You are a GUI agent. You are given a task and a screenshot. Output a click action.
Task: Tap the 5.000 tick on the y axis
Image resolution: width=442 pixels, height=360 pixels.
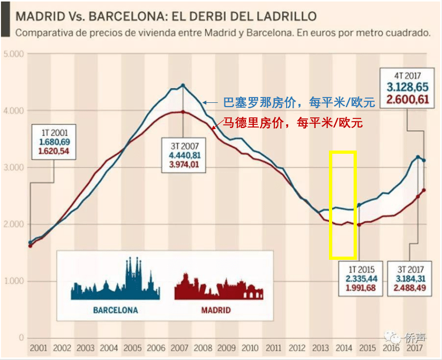click(x=14, y=54)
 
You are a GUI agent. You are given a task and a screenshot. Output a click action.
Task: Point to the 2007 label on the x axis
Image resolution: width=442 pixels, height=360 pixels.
click(x=179, y=348)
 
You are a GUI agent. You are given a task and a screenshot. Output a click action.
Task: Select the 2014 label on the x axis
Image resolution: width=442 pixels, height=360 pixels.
click(x=342, y=348)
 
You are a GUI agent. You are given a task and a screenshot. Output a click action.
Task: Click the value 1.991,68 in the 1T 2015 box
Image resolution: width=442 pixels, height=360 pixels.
click(x=361, y=288)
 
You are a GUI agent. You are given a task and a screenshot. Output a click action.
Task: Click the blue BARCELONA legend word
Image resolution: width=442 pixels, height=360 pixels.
click(x=115, y=310)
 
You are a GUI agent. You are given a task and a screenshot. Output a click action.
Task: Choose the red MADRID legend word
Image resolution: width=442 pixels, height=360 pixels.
click(x=215, y=310)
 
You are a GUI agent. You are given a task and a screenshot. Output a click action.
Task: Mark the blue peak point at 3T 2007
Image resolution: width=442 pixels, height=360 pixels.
click(x=183, y=85)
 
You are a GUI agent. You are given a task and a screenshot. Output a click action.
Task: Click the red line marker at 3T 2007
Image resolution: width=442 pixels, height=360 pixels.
click(x=183, y=111)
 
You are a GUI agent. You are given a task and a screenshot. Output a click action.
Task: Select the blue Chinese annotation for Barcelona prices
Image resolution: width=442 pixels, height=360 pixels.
click(x=298, y=102)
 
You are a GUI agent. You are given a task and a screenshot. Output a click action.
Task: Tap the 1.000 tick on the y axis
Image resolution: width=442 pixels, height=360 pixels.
click(x=14, y=281)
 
